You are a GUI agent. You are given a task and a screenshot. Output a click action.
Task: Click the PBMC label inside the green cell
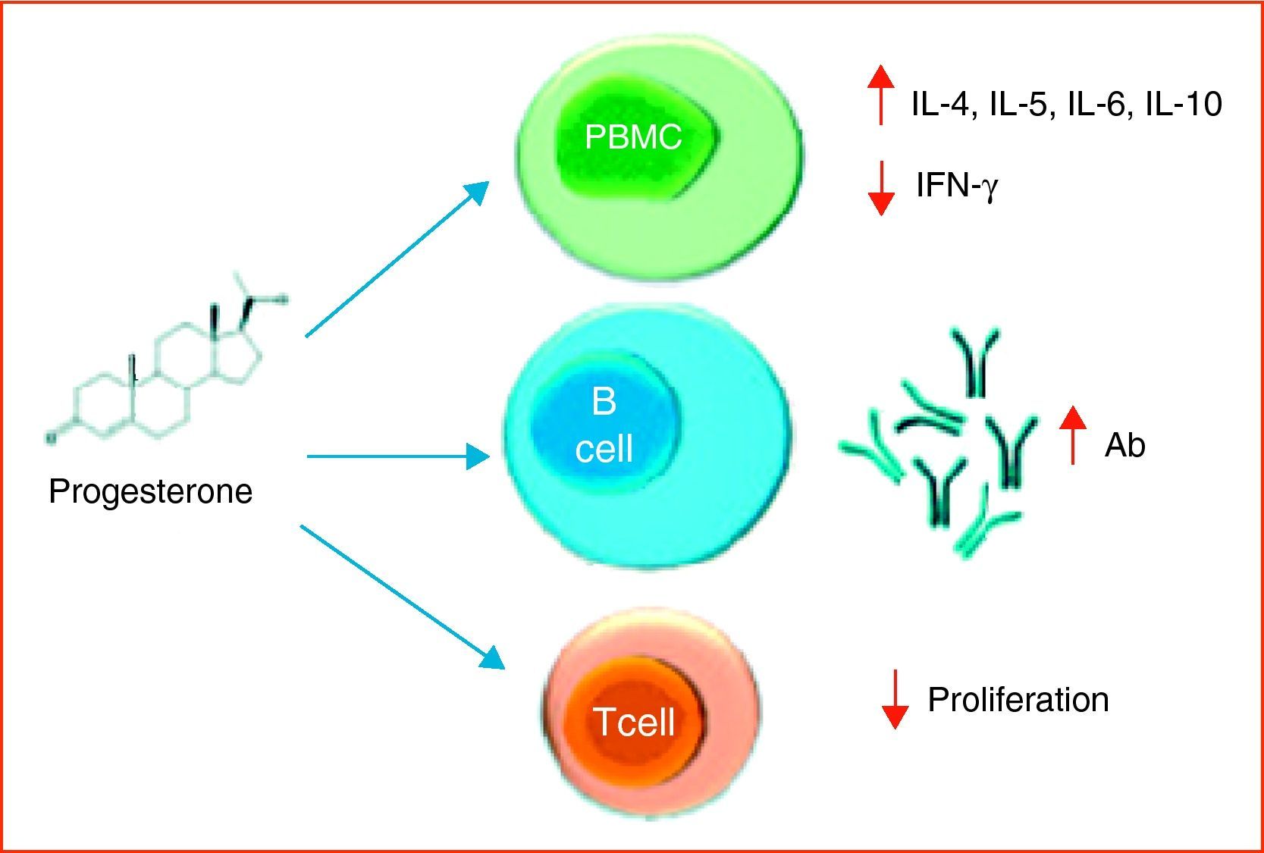tap(633, 136)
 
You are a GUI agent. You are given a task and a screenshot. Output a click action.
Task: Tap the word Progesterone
tap(150, 491)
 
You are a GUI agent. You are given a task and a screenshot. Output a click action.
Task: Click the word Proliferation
tap(1018, 699)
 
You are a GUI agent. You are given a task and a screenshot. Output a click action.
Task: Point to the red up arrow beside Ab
tap(1072, 434)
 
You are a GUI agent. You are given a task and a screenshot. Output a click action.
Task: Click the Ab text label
tap(1124, 445)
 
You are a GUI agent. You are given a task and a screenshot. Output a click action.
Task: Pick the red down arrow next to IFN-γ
tap(880, 188)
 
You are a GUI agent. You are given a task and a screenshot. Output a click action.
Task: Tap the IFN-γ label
tap(957, 185)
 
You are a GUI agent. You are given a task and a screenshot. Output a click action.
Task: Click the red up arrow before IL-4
tap(880, 95)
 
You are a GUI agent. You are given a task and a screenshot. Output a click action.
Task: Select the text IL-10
tap(1184, 104)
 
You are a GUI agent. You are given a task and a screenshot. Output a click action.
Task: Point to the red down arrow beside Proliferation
tap(895, 699)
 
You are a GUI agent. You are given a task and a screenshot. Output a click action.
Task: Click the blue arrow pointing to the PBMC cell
tap(394, 259)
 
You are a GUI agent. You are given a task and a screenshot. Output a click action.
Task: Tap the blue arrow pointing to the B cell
tap(398, 456)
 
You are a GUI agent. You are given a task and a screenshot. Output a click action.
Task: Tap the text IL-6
tap(1100, 104)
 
